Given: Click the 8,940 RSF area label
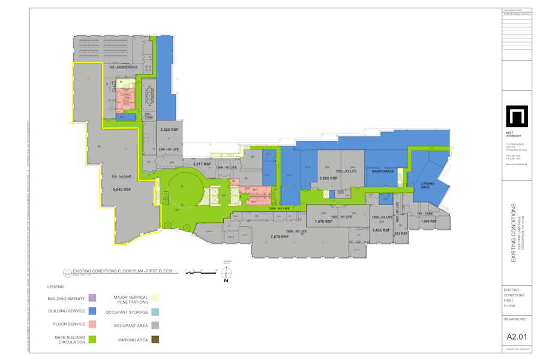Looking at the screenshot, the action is pos(122,189).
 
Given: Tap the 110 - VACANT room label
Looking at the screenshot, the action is pos(121,176).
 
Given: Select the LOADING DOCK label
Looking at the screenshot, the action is pos(427,185).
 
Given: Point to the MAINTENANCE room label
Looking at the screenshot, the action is pos(383,171).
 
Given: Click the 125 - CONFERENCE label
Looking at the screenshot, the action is pos(124,67).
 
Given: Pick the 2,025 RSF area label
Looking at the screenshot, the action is pos(169,130).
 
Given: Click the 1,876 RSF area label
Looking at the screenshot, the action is pos(323,221).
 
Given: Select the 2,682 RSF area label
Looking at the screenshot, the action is pos(328,178).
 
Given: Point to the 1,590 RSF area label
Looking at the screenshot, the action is pos(428,221).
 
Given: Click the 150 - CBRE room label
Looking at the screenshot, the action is pos(425,214).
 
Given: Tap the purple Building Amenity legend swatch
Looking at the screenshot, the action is pos(92,298).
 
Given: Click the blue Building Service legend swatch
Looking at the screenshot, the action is pos(92,311).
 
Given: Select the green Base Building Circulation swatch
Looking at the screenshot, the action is pos(92,340).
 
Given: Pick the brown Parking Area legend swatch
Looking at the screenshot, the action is pos(155,340).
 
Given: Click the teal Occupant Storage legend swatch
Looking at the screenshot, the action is pos(155,312).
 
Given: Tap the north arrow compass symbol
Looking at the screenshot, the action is pos(226,273).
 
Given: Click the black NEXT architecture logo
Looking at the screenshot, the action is pos(517,116).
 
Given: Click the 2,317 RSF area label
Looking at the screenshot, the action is pos(202,164).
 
